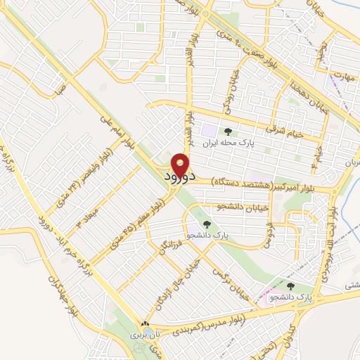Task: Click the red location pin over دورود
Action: [x=181, y=163]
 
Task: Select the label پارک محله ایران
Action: [x=226, y=143]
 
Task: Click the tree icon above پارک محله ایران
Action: [x=226, y=131]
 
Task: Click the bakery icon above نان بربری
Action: [x=145, y=324]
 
